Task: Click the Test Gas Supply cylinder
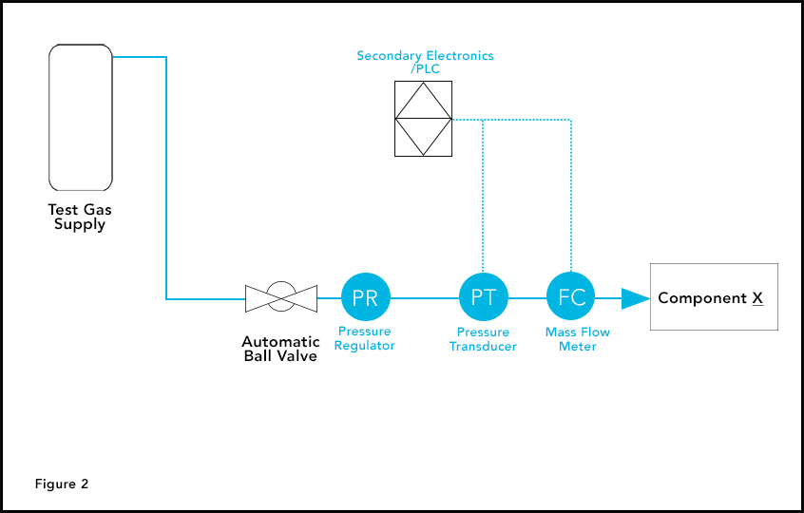coord(81,118)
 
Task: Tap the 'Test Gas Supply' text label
coord(80,218)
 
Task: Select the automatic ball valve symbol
coord(279,297)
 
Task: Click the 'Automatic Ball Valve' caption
coord(279,349)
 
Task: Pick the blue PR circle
coord(366,297)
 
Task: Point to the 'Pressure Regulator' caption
coord(366,339)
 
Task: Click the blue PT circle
coord(484,297)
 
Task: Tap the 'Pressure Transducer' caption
coord(484,339)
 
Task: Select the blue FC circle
coord(571,297)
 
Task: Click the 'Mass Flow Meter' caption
coord(578,339)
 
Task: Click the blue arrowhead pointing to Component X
coord(634,298)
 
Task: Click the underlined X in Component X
coord(757,298)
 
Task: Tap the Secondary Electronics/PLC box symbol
coord(423,119)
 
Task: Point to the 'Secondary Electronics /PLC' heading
coord(425,62)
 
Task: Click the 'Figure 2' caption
coord(62,484)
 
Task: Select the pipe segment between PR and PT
coord(425,298)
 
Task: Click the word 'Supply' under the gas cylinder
coord(80,225)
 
